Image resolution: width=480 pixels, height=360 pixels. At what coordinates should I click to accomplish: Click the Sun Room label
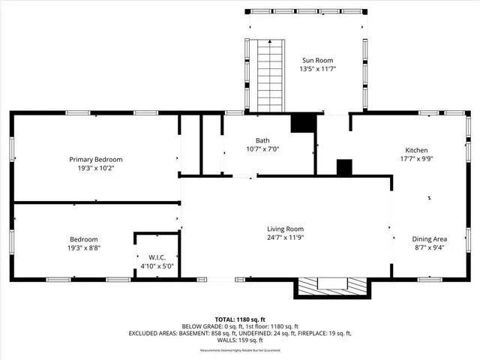tap(316, 60)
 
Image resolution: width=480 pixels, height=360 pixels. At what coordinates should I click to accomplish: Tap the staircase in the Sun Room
tap(267, 74)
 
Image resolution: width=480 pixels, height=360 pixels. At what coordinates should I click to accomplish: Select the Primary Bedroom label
tap(96, 159)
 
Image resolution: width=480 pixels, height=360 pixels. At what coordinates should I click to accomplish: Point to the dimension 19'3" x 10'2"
tap(96, 168)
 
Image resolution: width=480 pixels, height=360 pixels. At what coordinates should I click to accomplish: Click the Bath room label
tap(262, 140)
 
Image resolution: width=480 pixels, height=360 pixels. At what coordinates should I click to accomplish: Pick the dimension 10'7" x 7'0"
tap(262, 149)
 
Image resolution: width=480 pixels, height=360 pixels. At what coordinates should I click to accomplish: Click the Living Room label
tap(286, 229)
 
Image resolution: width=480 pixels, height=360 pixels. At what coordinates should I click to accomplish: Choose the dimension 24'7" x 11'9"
tap(286, 238)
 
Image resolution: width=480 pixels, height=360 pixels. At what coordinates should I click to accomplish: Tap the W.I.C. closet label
tap(157, 256)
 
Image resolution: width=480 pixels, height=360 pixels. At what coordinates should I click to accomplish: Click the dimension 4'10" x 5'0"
tap(157, 265)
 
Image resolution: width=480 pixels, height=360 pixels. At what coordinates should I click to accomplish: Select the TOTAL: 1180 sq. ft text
tap(240, 319)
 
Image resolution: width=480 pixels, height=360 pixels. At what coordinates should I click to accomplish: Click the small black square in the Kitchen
tap(344, 167)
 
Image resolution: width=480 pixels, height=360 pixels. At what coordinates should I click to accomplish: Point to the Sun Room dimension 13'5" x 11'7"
tap(316, 69)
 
